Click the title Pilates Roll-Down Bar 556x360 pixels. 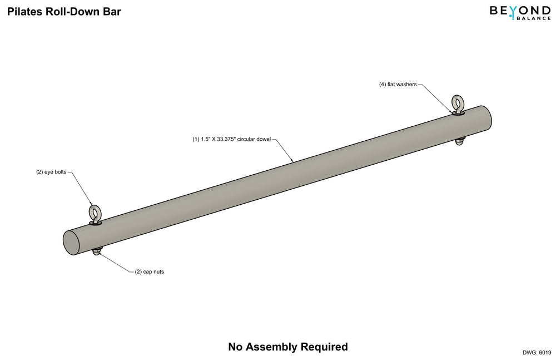coord(64,12)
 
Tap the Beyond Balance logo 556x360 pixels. coord(520,12)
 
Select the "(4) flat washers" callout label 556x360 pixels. coord(398,85)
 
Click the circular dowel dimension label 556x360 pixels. coord(231,139)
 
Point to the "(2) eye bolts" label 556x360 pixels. coord(51,172)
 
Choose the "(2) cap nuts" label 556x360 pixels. coord(150,272)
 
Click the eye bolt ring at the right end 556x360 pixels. coord(458,102)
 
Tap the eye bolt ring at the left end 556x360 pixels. coord(95,213)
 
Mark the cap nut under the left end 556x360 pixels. coord(97,251)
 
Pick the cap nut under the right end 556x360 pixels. coord(460,141)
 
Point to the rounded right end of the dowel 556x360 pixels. coord(487,118)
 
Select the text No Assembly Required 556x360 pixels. coord(288,347)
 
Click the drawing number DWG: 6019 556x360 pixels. coord(537,352)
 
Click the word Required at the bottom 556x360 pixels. coord(324,347)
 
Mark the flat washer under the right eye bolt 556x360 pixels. coord(458,113)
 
